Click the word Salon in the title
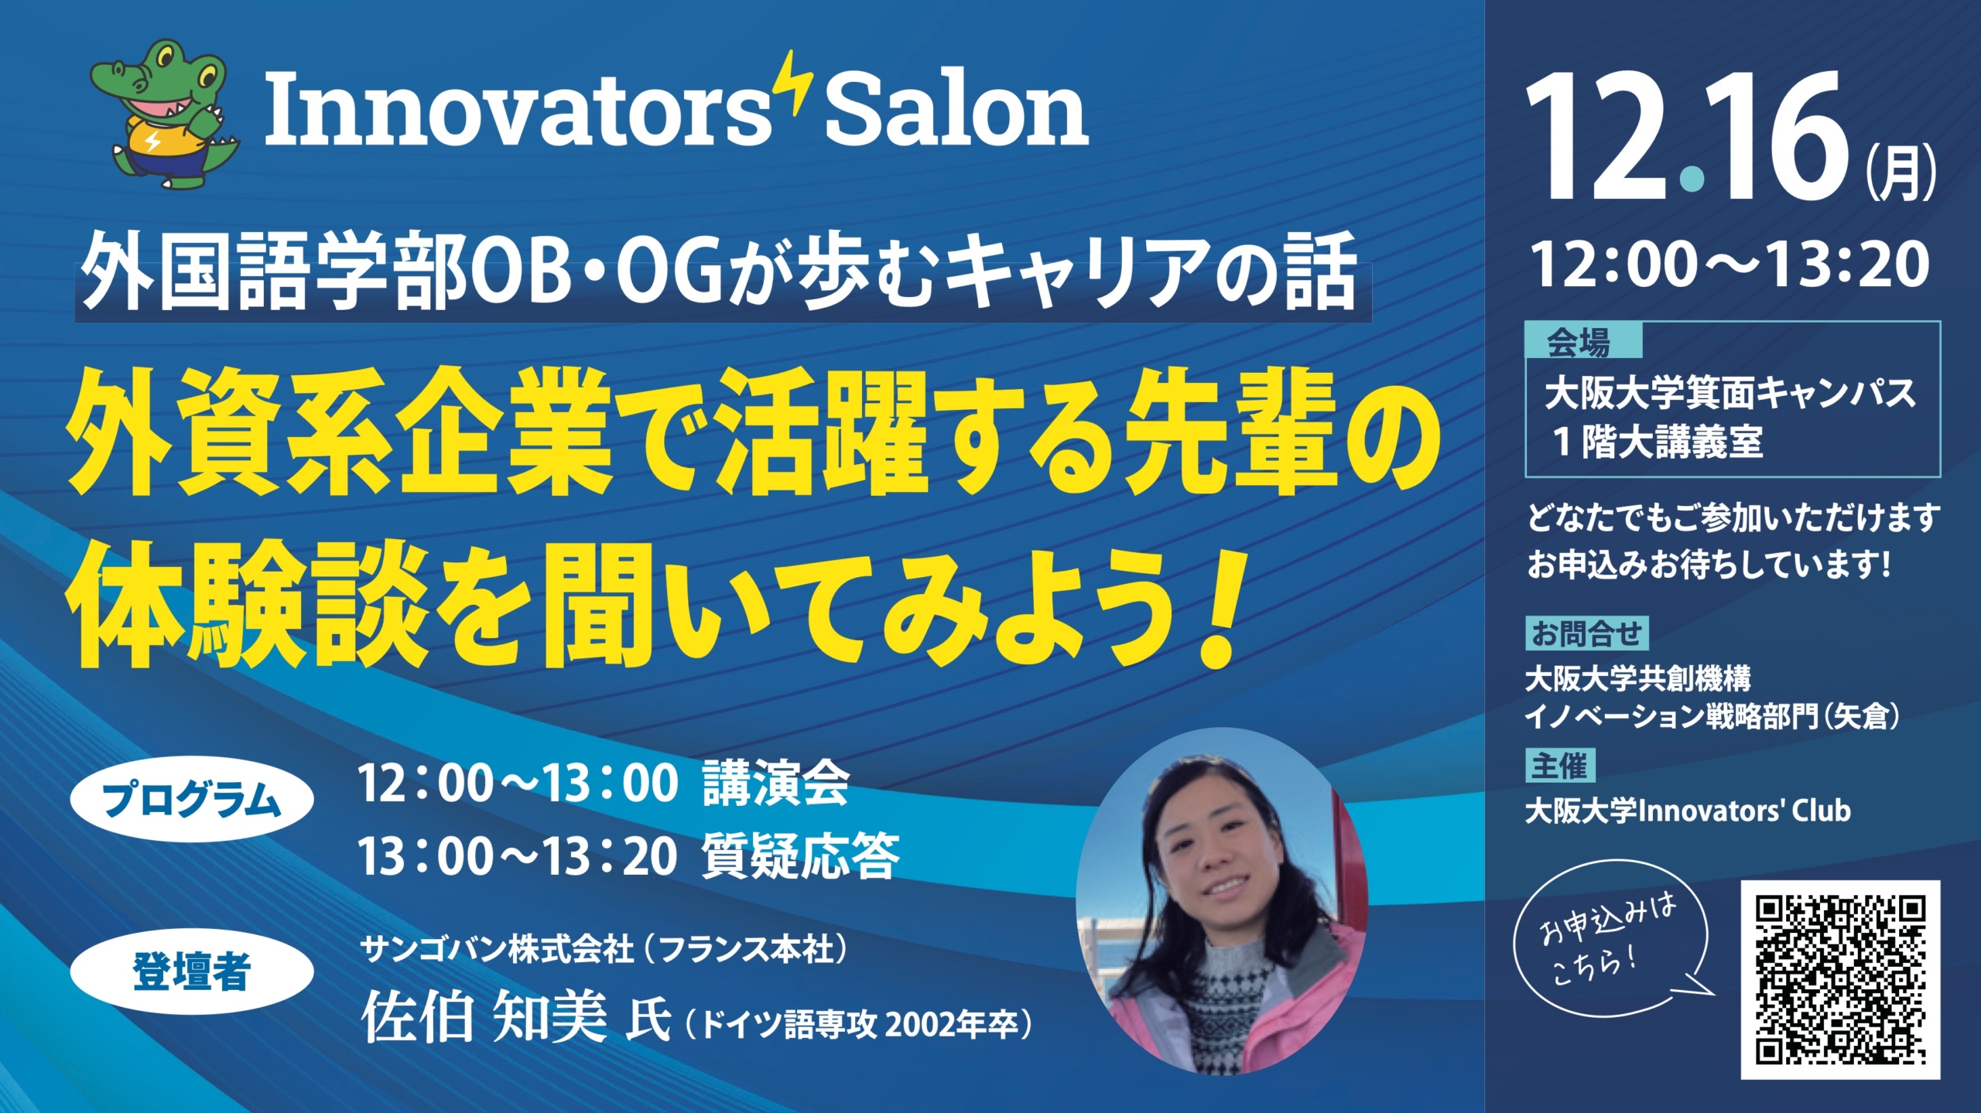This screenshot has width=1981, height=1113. pyautogui.click(x=957, y=110)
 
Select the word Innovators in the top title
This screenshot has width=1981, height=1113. pyautogui.click(x=518, y=110)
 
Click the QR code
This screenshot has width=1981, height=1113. pyautogui.click(x=1840, y=979)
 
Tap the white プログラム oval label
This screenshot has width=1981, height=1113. pyautogui.click(x=192, y=799)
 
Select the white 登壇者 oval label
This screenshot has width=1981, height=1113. pyautogui.click(x=192, y=971)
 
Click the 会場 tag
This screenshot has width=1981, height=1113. pyautogui.click(x=1582, y=341)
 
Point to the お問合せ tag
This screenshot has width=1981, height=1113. pyautogui.click(x=1586, y=633)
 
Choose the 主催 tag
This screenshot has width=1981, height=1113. pyautogui.click(x=1560, y=766)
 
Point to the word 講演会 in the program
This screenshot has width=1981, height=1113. pyautogui.click(x=776, y=784)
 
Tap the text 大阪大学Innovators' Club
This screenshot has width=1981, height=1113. pyautogui.click(x=1688, y=811)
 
